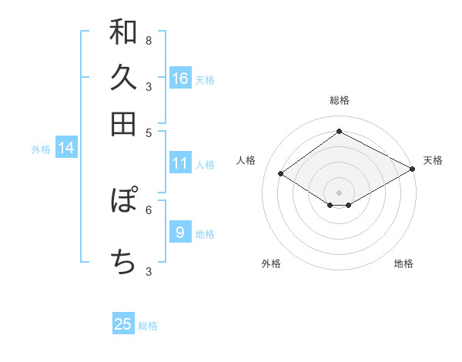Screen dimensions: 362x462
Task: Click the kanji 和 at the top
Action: point(123,32)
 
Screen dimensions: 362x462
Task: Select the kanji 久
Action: point(123,77)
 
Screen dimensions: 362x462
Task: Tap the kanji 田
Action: point(123,123)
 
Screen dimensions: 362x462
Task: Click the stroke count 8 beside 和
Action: point(148,40)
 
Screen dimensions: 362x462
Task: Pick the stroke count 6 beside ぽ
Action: point(148,209)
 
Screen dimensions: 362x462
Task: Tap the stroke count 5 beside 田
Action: point(148,132)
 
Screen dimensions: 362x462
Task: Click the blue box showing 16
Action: point(180,78)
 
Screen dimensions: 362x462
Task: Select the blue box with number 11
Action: point(180,163)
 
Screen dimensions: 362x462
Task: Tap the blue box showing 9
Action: point(180,232)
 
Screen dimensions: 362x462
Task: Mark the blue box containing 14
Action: point(66,149)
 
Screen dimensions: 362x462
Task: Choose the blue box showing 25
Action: point(123,324)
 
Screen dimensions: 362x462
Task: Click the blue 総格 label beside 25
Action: point(148,326)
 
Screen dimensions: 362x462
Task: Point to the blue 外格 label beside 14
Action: point(41,149)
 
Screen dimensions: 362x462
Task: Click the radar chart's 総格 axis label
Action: point(340,100)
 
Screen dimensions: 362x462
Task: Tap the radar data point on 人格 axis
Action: point(281,174)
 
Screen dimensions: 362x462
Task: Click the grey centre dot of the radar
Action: point(340,192)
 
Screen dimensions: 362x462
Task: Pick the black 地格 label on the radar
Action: point(403,263)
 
